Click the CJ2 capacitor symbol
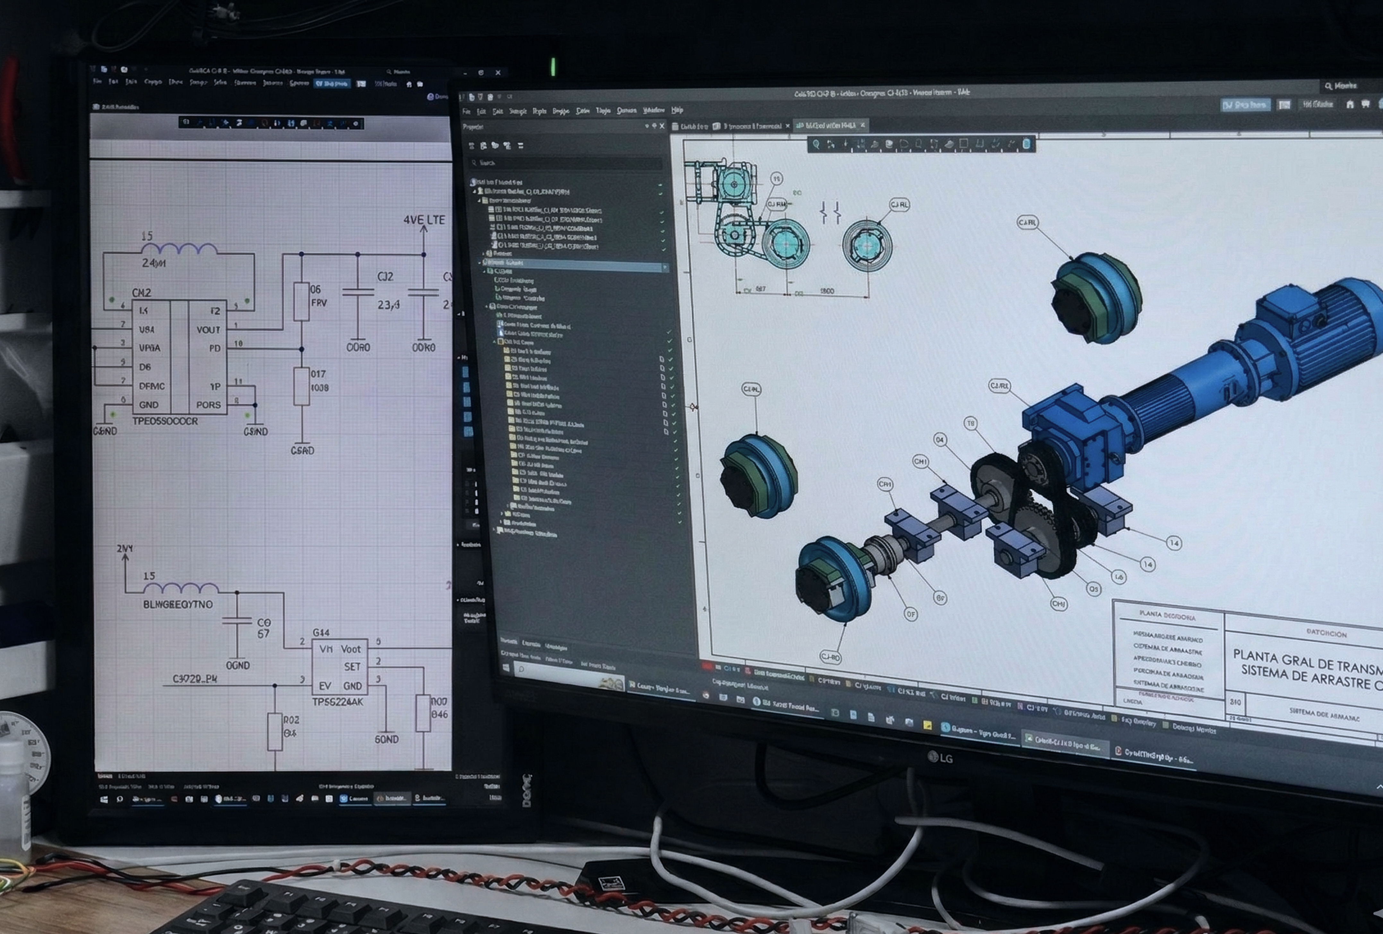[358, 292]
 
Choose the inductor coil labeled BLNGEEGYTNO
[181, 588]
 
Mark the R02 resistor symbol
[274, 731]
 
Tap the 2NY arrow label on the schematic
[125, 548]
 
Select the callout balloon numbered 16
[1119, 576]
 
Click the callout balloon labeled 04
[940, 440]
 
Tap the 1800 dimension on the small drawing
[827, 291]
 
